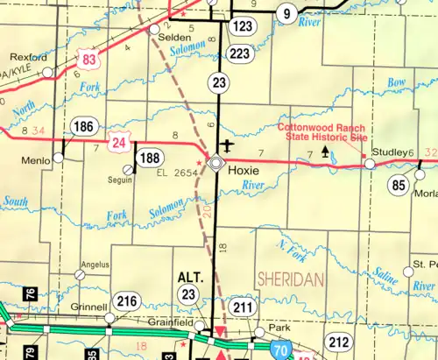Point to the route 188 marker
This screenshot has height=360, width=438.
[x=150, y=159]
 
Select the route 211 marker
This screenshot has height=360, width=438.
[x=244, y=307]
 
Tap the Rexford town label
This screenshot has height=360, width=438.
[x=28, y=57]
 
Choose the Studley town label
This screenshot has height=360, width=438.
[x=390, y=152]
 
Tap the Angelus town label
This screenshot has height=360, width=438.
[x=95, y=264]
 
